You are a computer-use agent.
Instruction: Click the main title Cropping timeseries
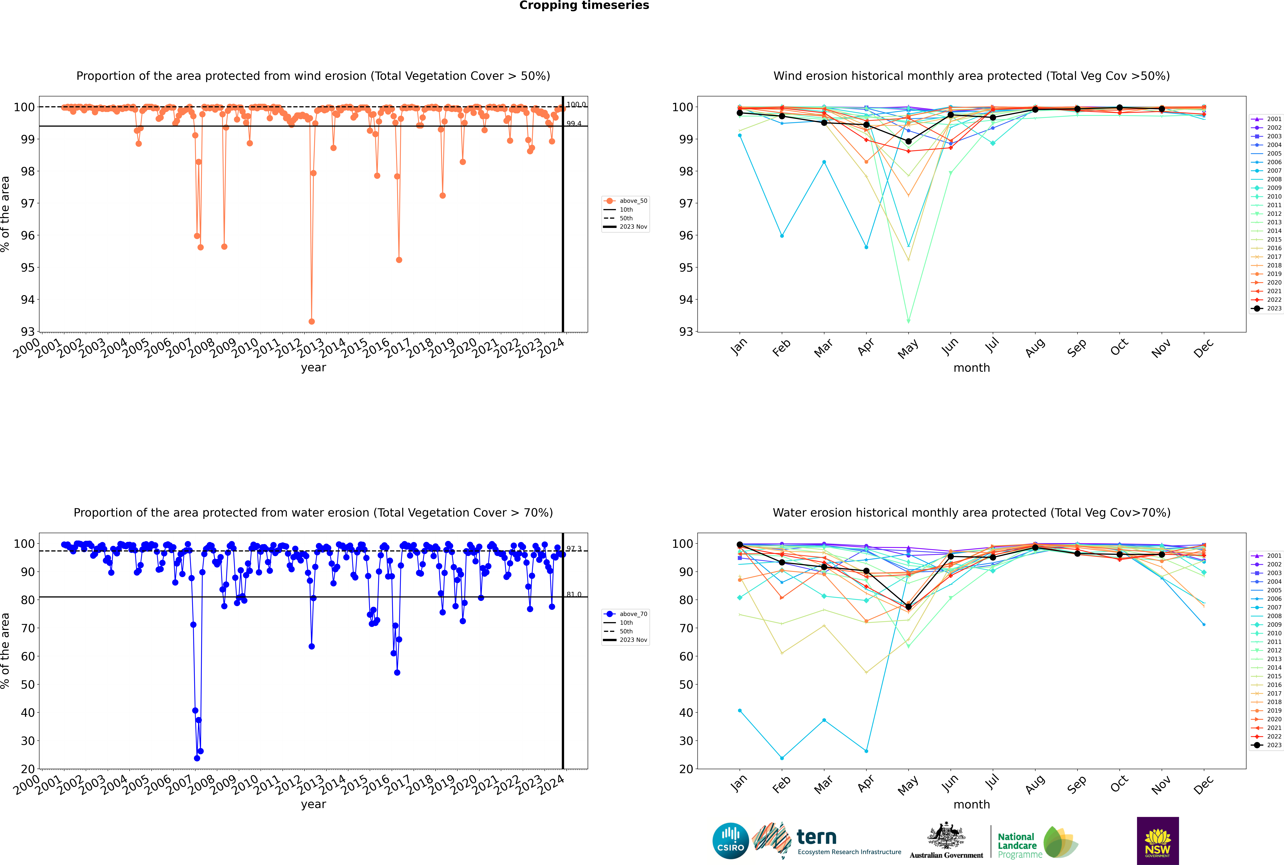coord(584,5)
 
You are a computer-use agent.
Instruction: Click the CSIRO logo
coord(730,841)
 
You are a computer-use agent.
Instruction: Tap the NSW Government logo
coord(1158,840)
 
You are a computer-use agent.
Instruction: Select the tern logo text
coord(816,837)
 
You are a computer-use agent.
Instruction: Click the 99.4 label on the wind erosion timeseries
coord(574,124)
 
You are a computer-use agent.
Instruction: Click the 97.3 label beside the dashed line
coord(574,549)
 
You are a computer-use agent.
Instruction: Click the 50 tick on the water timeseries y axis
coord(28,685)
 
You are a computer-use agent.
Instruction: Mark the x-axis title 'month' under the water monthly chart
coord(972,804)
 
